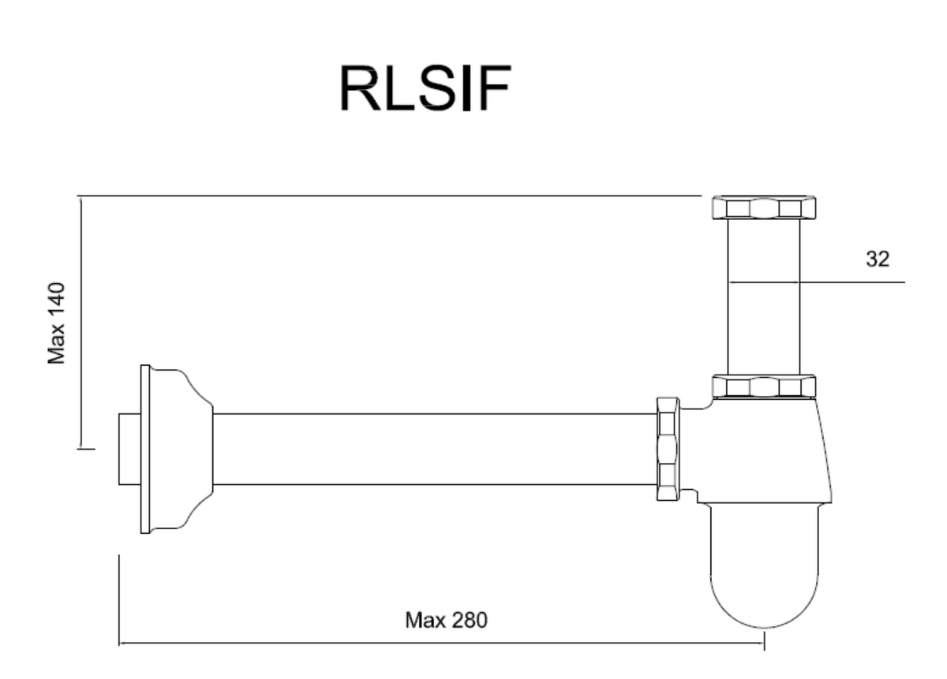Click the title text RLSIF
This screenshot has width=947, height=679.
(x=425, y=88)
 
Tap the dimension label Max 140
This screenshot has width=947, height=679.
(x=56, y=323)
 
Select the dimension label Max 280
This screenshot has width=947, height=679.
(x=446, y=621)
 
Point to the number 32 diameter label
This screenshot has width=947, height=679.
(x=878, y=259)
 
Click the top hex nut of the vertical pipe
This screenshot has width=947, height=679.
(x=764, y=207)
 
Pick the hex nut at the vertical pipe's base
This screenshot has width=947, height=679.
(x=764, y=386)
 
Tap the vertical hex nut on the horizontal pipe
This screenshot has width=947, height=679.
(x=668, y=449)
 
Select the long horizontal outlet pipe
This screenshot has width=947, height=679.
(x=435, y=450)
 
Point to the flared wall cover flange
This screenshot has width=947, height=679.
(x=181, y=449)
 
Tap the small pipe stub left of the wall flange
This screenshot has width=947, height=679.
(x=129, y=450)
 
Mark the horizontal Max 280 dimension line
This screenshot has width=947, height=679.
(x=441, y=644)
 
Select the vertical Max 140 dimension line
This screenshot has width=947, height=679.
(x=80, y=323)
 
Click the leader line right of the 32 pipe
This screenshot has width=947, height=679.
(x=852, y=282)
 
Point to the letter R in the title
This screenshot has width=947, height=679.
(x=360, y=88)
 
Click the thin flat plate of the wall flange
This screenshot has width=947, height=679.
(x=145, y=450)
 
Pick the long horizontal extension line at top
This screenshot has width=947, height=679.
(x=389, y=196)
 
